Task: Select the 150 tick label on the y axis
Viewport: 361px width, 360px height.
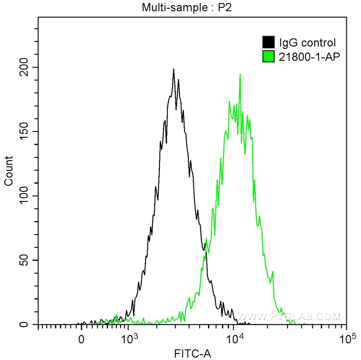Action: pyautogui.click(x=28, y=132)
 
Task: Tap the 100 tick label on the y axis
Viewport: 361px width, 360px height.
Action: pyautogui.click(x=28, y=196)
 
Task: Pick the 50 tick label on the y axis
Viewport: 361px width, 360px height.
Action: pyautogui.click(x=28, y=260)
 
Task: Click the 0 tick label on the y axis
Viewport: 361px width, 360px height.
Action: pyautogui.click(x=28, y=324)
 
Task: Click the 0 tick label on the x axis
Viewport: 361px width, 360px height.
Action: pyautogui.click(x=81, y=339)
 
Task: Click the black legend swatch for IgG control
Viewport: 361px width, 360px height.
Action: pyautogui.click(x=268, y=43)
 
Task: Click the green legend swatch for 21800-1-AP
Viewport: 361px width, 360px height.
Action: pyautogui.click(x=268, y=56)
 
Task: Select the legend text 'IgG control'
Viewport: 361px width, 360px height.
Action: pyautogui.click(x=307, y=43)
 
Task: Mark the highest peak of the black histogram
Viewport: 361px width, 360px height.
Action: pyautogui.click(x=173, y=69)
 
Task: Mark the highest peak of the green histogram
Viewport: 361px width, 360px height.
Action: pyautogui.click(x=240, y=74)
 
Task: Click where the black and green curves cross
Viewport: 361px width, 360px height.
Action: pyautogui.click(x=206, y=250)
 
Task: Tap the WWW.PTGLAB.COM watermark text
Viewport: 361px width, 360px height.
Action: pyautogui.click(x=288, y=317)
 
